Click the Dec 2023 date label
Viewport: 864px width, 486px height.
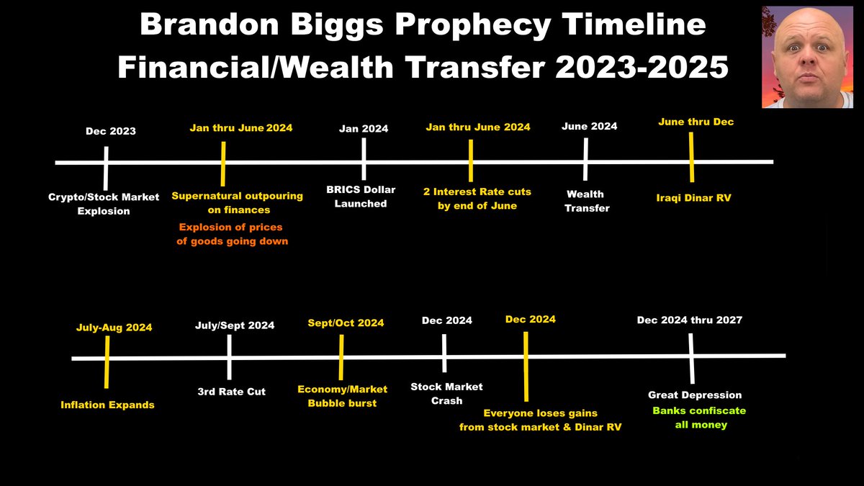point(111,131)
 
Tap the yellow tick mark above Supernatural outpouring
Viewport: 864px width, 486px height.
point(223,164)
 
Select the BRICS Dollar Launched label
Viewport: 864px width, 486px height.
point(361,197)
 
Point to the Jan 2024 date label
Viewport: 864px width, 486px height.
point(364,129)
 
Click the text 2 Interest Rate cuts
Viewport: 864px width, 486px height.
point(477,192)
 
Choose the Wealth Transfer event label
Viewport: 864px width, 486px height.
point(586,201)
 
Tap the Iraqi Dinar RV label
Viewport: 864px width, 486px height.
point(693,198)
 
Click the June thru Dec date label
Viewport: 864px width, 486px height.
point(696,122)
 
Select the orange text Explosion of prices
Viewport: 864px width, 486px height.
point(230,228)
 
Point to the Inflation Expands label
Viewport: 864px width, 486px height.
point(107,405)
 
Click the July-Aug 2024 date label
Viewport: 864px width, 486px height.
point(114,328)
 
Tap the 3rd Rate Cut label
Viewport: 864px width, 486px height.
point(231,392)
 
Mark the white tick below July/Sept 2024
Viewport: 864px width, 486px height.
point(230,357)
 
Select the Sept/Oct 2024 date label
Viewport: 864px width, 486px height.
point(346,323)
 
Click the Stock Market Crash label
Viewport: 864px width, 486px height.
point(446,394)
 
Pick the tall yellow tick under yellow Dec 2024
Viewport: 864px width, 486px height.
point(526,366)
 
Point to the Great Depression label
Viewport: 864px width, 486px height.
point(695,395)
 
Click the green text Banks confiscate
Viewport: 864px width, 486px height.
point(699,411)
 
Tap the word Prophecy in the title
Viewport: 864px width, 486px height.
point(473,25)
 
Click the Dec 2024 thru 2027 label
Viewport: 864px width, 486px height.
point(690,320)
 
